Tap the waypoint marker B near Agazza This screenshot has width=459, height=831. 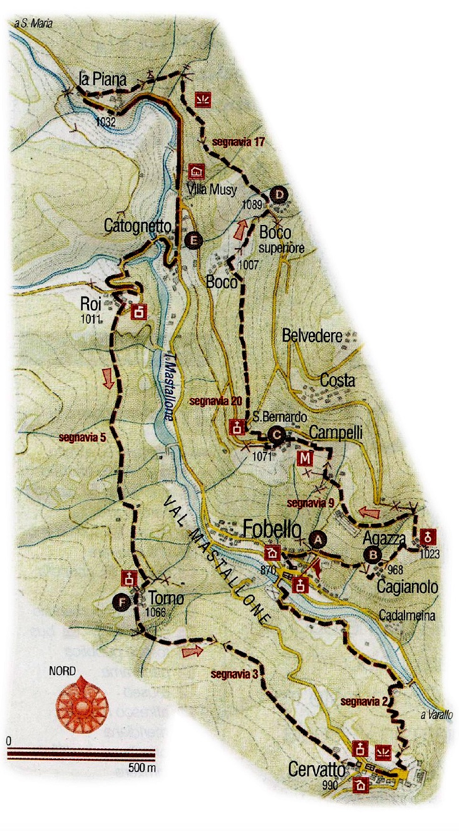tap(373, 555)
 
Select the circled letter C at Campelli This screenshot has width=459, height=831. tap(276, 434)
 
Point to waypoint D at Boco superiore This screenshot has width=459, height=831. tap(279, 196)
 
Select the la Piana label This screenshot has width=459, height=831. tap(103, 80)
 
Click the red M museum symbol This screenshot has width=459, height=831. tap(305, 458)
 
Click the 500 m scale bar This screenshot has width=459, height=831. tap(81, 753)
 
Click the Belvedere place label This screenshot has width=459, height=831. tap(312, 337)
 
